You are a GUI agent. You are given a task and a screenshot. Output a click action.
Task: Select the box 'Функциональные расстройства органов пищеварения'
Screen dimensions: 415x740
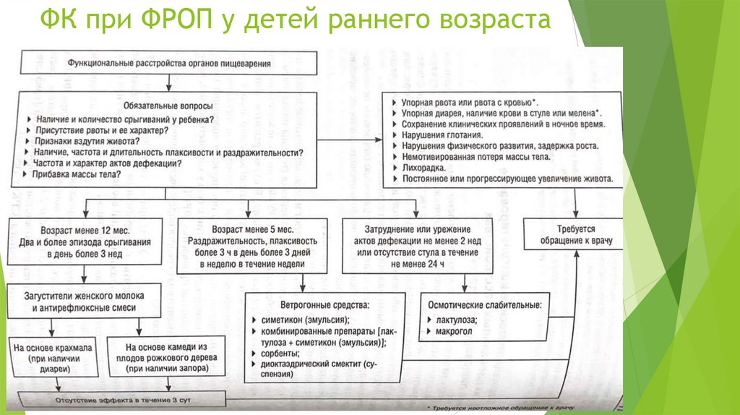pos(170,64)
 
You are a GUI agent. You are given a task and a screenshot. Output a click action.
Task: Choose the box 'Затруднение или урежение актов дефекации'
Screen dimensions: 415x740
pos(417,244)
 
